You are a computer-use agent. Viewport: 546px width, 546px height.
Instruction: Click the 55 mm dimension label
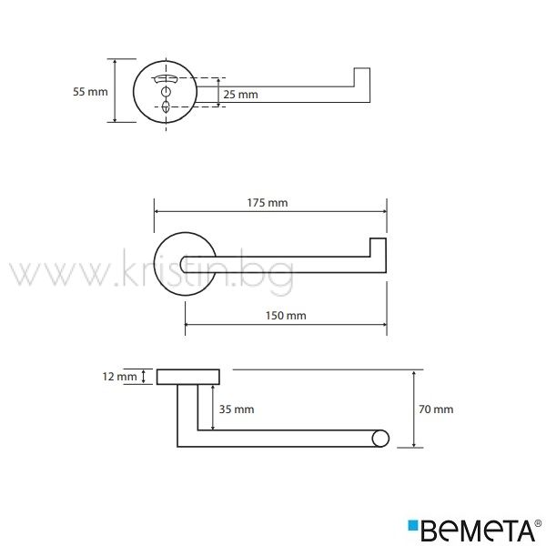90,92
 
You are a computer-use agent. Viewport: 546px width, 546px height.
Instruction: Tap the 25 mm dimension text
240,95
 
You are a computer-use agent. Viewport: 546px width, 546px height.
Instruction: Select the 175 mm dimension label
268,203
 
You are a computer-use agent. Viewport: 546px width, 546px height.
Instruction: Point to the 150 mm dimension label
286,316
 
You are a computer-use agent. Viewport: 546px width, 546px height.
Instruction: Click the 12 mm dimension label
119,377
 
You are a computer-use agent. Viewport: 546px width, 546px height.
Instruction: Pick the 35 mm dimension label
237,409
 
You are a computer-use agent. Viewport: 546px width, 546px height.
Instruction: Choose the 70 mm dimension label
436,409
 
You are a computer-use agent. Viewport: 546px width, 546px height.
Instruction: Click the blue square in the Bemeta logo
412,525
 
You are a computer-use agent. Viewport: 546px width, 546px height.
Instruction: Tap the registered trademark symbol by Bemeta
540,523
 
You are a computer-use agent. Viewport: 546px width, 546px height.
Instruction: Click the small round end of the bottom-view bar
380,439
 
